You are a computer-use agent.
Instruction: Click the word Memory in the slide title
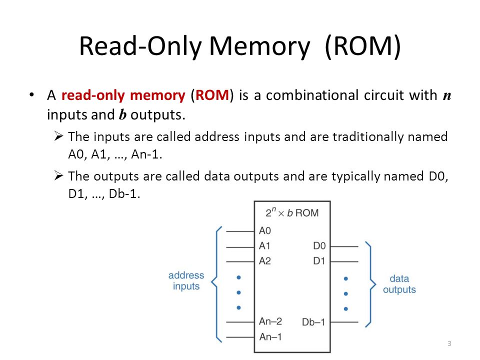[259, 46]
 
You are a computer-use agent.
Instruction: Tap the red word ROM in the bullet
[212, 95]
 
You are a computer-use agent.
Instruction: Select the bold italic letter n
[447, 96]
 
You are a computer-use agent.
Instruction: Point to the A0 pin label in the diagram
[265, 230]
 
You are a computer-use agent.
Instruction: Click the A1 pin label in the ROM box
[264, 246]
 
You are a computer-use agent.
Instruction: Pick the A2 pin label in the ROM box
[265, 261]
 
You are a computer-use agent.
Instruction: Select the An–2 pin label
[270, 321]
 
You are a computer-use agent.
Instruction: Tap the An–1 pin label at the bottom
[270, 336]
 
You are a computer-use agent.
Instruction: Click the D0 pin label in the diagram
[319, 246]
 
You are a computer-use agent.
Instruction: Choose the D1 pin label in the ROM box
[319, 261]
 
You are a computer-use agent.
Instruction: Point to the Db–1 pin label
[313, 322]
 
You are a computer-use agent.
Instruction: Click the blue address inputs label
[186, 280]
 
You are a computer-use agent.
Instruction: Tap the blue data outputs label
[399, 284]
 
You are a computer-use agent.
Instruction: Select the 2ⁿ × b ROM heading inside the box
[292, 212]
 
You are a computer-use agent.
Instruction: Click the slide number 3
[449, 343]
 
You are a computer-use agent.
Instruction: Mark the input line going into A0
[240, 231]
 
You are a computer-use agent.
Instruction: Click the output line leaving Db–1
[344, 322]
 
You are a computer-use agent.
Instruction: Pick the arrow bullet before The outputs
[58, 175]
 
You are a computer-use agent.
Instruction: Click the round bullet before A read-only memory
[31, 95]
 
